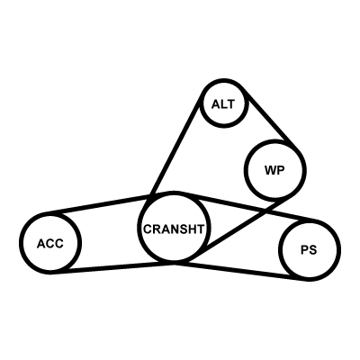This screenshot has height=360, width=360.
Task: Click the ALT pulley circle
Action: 201,104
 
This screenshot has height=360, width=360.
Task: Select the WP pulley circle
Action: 245,170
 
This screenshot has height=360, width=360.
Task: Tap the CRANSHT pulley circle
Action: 138,227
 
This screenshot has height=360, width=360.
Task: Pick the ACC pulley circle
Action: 20,243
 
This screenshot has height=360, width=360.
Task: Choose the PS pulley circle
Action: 280,249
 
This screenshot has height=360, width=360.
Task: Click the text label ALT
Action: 223,104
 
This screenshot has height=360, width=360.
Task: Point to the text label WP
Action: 274,170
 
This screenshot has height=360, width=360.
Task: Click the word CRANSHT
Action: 174,229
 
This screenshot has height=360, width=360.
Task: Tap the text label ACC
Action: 50,243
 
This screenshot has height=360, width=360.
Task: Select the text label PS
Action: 309,250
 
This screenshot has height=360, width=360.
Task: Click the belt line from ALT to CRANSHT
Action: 175,146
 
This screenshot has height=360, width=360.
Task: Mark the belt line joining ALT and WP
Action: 272,119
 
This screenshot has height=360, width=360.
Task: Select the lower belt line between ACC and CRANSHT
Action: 112,267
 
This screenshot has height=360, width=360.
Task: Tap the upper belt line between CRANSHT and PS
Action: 246,207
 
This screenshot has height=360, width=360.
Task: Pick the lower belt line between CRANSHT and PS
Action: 241,271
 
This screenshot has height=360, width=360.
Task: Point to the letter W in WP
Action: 270,170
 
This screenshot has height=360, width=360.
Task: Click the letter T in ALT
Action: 231,104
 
